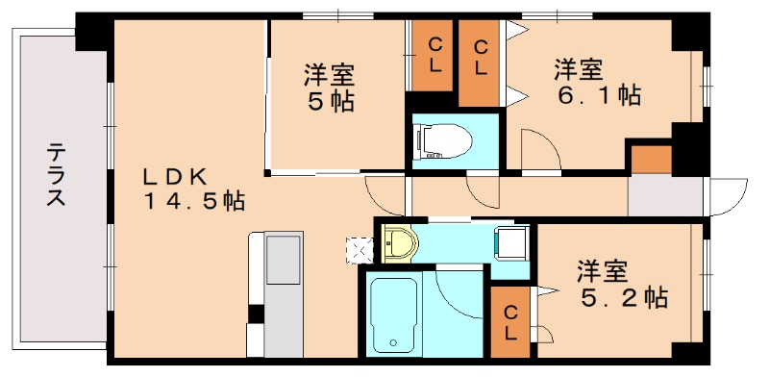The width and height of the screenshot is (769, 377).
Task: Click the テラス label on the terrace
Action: (57, 175)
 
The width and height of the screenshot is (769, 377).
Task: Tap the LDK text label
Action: (176, 176)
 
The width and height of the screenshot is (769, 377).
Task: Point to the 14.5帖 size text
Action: (195, 201)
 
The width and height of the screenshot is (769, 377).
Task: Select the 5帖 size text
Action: (330, 100)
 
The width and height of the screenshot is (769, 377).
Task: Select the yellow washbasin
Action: (398, 244)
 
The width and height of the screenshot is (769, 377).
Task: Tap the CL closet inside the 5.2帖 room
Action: (512, 322)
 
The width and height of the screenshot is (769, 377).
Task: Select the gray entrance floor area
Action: (664, 197)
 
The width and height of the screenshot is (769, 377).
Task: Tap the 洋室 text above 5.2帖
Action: (603, 270)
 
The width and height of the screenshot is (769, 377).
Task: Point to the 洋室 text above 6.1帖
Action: (579, 68)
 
